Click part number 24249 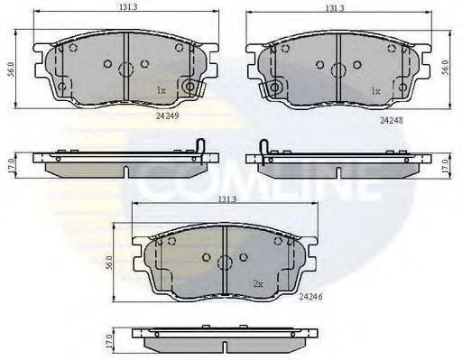pos(168,116)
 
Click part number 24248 pos(392,121)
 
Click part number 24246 pos(310,297)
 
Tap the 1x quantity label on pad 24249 pos(161,90)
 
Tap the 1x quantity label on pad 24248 pos(375,90)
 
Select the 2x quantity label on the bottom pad pos(258,283)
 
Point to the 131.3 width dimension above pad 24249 pos(128,7)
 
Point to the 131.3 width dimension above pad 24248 pos(335,8)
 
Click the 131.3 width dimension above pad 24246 pos(227,199)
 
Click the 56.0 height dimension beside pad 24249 pos(11,69)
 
